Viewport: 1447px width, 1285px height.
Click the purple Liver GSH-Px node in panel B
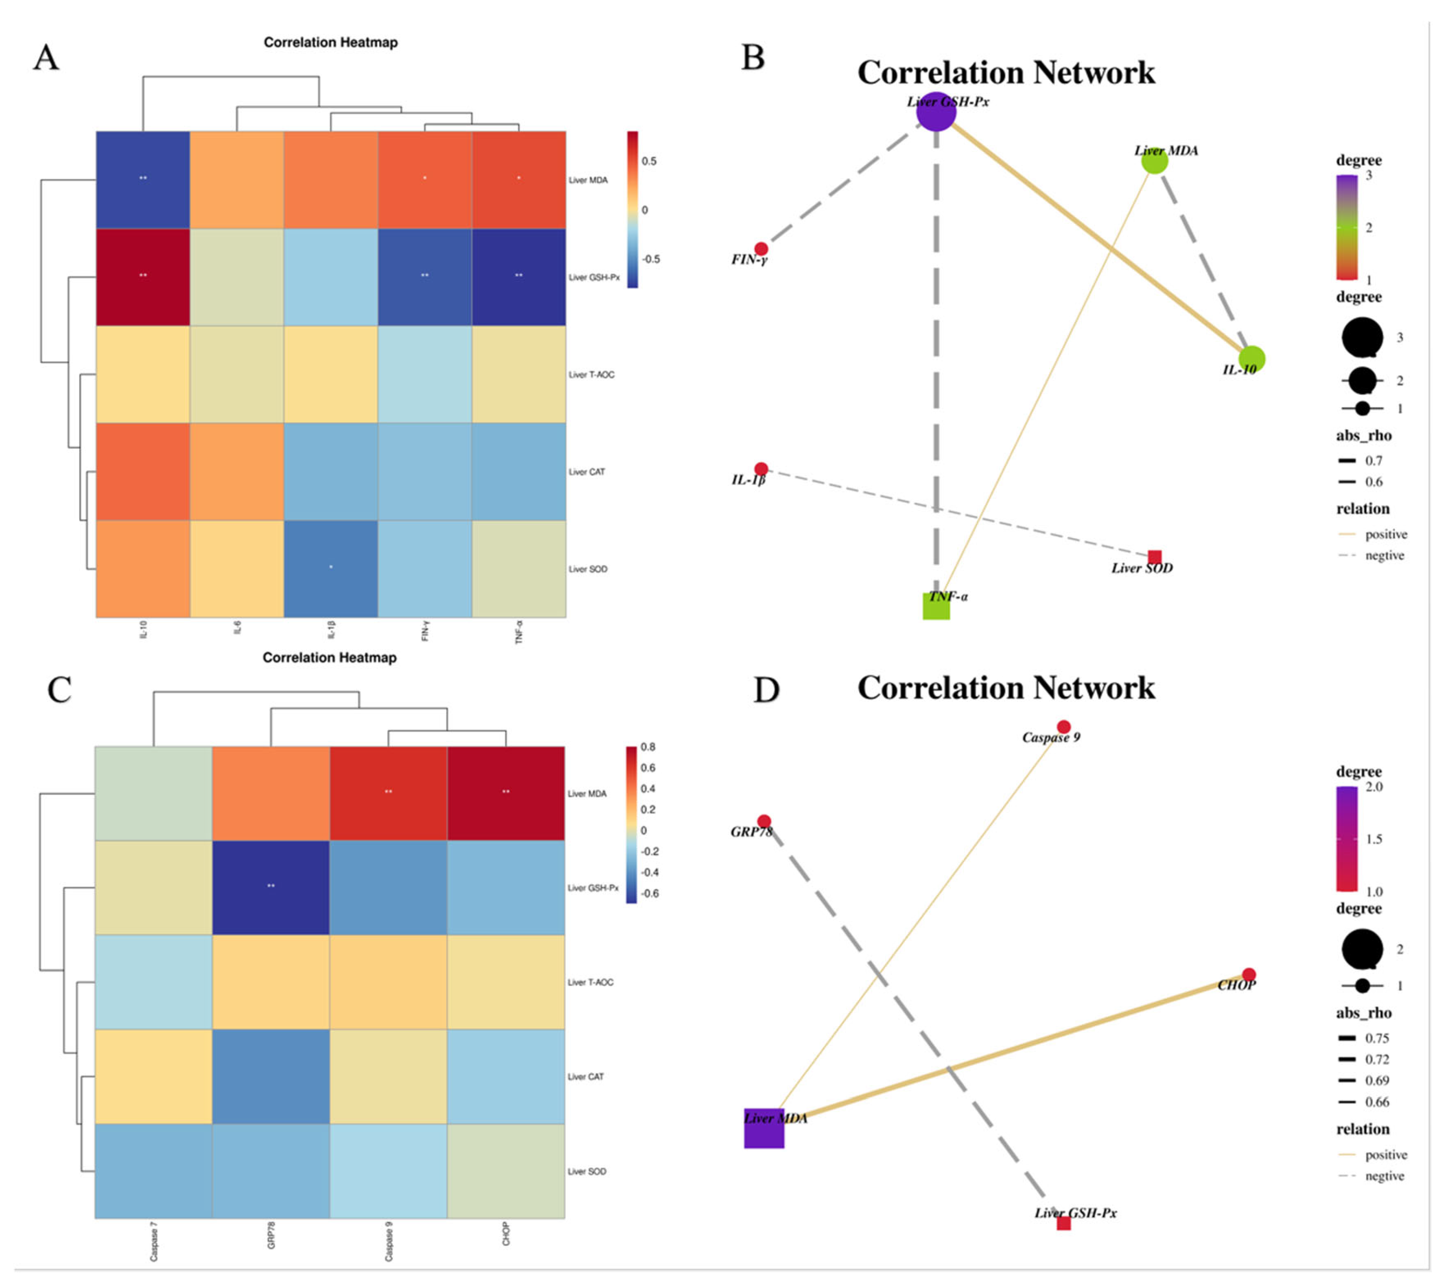(x=936, y=112)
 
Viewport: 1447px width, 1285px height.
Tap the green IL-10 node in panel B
(x=1252, y=359)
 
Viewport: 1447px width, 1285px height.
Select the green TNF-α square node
(x=936, y=606)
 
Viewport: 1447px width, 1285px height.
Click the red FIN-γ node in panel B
(x=761, y=249)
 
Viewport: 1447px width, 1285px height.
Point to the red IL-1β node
(x=761, y=469)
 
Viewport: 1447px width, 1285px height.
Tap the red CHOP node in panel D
(x=1249, y=975)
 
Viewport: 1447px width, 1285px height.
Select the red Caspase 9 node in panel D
(x=1063, y=727)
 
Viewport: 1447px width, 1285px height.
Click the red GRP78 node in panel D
(x=764, y=822)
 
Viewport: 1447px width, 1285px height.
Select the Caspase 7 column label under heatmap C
(x=154, y=1245)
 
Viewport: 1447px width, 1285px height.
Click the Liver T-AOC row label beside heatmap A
(x=592, y=374)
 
